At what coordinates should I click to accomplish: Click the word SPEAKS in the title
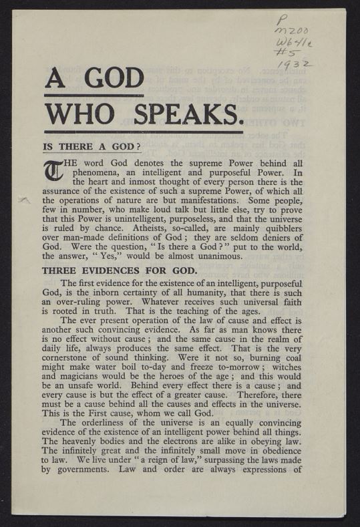click(x=189, y=116)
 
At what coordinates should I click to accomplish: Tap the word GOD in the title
click(x=107, y=79)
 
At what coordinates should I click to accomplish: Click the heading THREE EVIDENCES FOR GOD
click(x=109, y=271)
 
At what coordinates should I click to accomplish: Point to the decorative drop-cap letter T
click(x=51, y=173)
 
